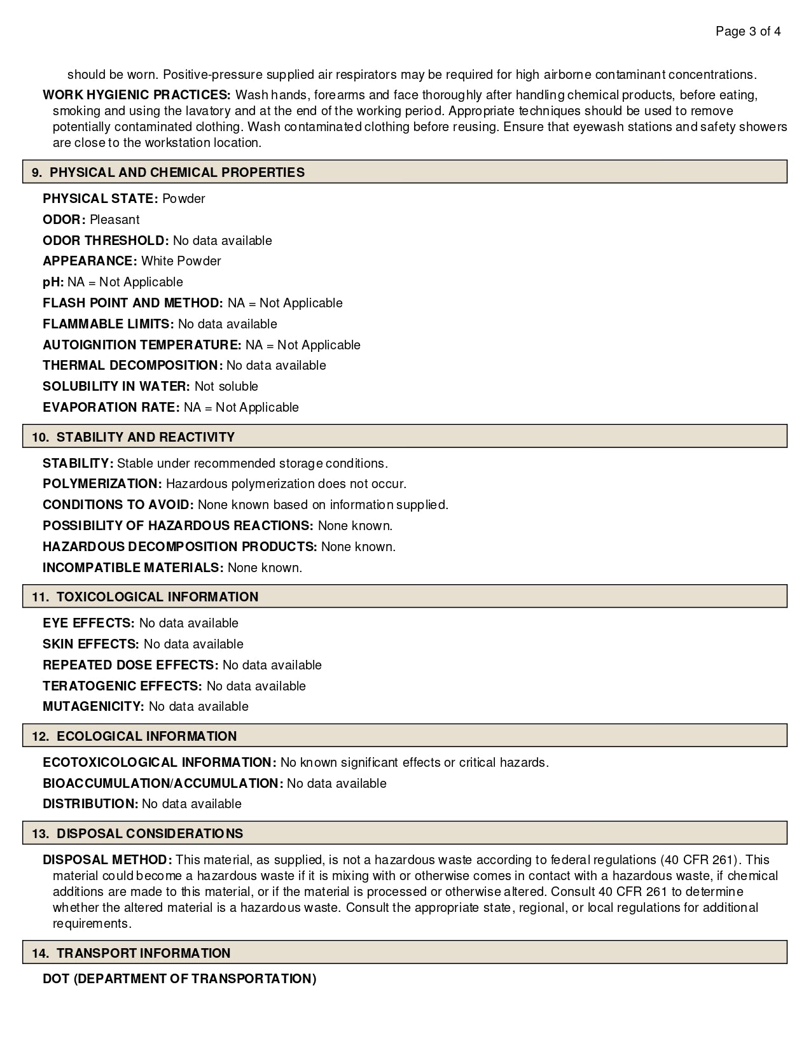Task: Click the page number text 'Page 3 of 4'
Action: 748,31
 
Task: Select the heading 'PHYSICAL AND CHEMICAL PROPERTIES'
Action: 177,172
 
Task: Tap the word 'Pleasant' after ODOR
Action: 114,220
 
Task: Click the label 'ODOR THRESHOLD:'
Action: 106,241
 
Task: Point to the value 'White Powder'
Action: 181,261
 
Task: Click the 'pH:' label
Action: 53,282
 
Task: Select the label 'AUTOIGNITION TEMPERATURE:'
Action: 142,345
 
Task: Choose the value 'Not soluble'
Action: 226,386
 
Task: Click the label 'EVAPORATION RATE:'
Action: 111,407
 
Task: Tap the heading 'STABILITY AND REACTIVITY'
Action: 146,437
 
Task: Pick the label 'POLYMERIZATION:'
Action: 102,484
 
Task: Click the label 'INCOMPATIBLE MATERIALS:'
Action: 133,568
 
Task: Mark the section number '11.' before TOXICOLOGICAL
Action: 40,597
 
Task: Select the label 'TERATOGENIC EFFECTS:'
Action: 122,686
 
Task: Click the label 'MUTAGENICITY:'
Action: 94,706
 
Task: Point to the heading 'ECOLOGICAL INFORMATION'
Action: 147,736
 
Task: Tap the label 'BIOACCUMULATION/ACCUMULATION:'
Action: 162,783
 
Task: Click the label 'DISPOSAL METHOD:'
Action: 107,860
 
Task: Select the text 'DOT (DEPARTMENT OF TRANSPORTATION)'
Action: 179,979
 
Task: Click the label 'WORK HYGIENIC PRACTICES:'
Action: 137,95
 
